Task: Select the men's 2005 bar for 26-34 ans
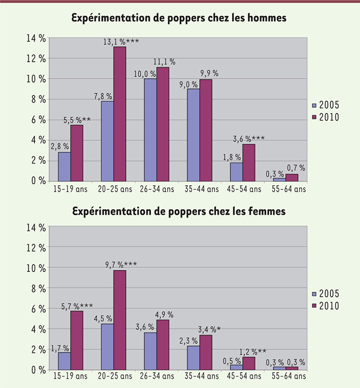[150, 130]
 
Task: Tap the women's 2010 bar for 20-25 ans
[120, 320]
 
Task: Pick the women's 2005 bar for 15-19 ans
[65, 361]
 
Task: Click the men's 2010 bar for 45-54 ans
[248, 162]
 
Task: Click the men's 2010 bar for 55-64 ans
[292, 177]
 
